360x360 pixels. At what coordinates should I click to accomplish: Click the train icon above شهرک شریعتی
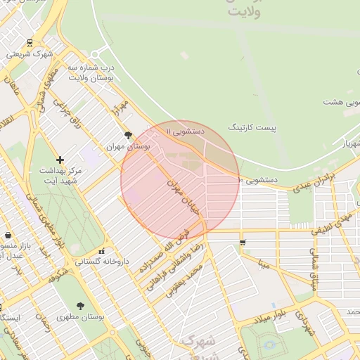(29, 43)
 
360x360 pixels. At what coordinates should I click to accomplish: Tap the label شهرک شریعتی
(30, 54)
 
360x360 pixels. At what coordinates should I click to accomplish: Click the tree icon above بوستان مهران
(127, 135)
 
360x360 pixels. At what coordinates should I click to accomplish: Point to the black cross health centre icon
(60, 160)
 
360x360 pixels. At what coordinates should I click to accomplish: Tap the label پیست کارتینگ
(252, 128)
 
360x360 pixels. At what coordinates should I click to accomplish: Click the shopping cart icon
(243, 243)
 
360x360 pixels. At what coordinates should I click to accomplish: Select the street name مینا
(263, 266)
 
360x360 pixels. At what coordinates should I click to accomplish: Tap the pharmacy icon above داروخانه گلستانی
(102, 251)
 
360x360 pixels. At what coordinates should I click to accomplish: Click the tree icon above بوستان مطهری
(80, 306)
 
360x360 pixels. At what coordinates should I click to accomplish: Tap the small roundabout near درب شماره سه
(94, 53)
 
